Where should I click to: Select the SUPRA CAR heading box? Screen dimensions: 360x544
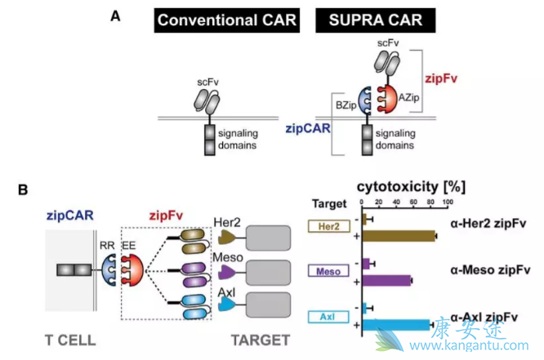click(x=374, y=20)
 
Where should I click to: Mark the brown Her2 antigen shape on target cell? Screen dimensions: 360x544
click(x=228, y=237)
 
